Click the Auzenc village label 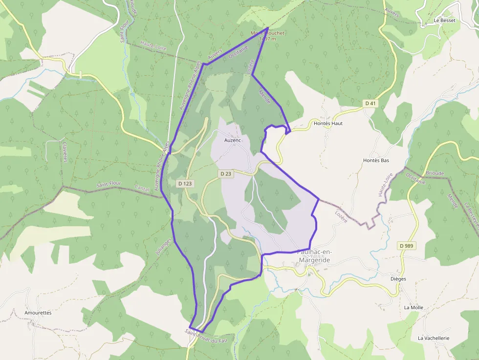[233, 140]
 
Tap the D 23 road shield [225, 173]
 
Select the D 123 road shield [185, 183]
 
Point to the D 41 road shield [370, 103]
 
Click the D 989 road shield [406, 245]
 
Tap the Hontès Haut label [327, 124]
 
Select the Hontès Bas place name [376, 160]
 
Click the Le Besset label [444, 21]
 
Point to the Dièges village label [398, 279]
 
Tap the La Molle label [414, 307]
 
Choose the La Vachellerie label [433, 338]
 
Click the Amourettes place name [38, 312]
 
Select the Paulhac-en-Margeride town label [314, 256]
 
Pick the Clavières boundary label [65, 152]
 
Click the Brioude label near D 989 [435, 173]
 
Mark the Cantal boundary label [142, 188]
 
